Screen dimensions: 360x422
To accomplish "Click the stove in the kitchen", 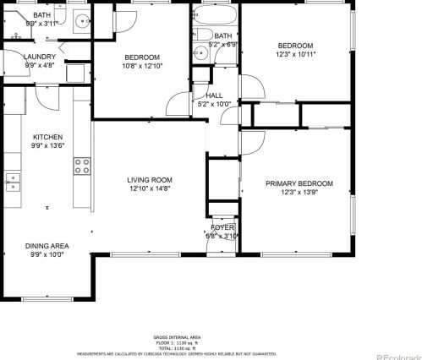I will coord(82,166).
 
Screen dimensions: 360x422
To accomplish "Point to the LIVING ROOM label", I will coord(150,180).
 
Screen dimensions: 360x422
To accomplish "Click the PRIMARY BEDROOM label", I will coord(299,183).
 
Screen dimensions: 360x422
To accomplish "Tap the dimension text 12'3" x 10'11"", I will coord(295,54).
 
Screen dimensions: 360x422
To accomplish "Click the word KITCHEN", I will coord(47,136).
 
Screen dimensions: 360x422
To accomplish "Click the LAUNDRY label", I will coord(16,56).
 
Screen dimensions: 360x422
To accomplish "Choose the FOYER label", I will coord(222,227).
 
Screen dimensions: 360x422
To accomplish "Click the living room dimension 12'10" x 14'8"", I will coord(150,188).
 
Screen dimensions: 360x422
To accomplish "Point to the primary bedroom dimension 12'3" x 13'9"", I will coord(299,192).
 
